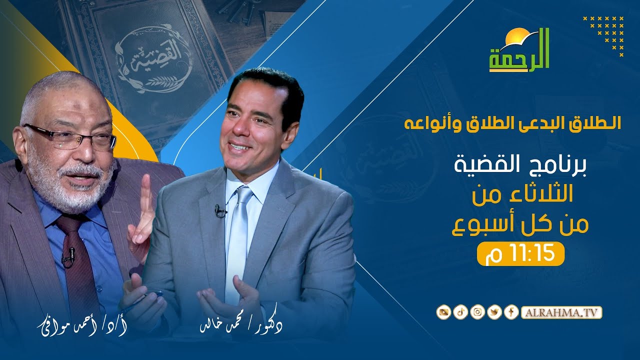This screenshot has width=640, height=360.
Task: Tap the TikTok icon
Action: pyautogui.click(x=460, y=313)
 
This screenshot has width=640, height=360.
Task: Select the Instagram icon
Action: pyautogui.click(x=478, y=313)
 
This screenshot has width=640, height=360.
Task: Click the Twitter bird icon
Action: pyautogui.click(x=495, y=313)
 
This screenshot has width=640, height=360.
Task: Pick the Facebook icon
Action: pyautogui.click(x=511, y=313)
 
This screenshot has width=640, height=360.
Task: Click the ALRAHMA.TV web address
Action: pyautogui.click(x=561, y=313)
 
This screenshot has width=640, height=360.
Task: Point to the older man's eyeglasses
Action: pyautogui.click(x=70, y=136)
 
